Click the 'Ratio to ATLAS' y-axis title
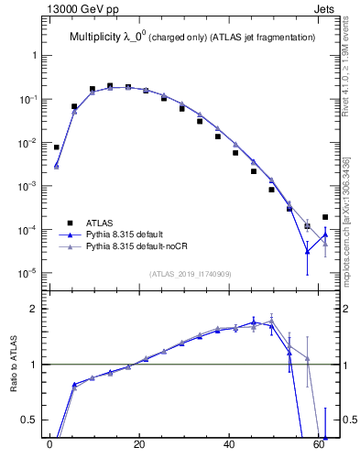pyautogui.click(x=14, y=364)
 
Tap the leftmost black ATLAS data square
pyautogui.click(x=57, y=147)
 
